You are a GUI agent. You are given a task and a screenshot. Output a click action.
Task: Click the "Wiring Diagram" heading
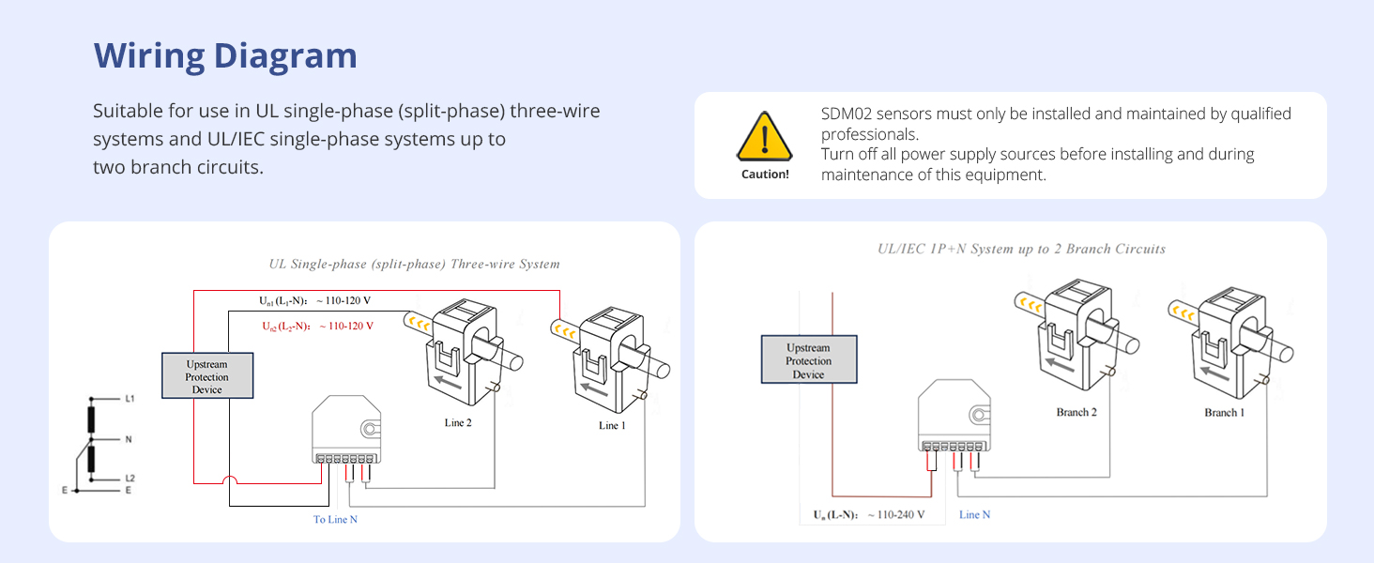tap(225, 56)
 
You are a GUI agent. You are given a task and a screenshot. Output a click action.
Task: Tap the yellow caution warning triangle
tap(764, 137)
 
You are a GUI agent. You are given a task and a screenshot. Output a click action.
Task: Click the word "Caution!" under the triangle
tap(765, 175)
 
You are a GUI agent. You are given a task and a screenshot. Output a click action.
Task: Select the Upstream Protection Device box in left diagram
tap(206, 376)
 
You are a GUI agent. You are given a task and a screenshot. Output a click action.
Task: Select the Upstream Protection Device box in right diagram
tap(808, 360)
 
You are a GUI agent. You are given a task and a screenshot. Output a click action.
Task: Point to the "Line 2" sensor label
tap(458, 423)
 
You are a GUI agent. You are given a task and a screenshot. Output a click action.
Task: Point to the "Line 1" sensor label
tap(612, 426)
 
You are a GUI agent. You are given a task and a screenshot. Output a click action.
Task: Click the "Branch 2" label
tap(1076, 412)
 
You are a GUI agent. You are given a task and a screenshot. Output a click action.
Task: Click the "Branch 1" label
tap(1225, 412)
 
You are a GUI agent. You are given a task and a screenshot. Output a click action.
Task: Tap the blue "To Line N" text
tap(335, 519)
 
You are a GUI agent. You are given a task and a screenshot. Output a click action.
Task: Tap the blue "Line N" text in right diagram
tap(974, 514)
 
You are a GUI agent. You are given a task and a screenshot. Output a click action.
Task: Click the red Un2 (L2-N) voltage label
tap(317, 326)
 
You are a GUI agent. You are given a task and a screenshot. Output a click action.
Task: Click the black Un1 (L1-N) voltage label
tap(321, 301)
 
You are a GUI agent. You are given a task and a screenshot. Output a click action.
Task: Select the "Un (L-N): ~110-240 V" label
tap(868, 514)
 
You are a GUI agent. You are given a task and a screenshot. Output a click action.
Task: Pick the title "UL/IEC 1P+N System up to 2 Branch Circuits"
tap(1021, 250)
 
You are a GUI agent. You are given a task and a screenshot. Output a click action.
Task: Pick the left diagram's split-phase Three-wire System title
tap(414, 265)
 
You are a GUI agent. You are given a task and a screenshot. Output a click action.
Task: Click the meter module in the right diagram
tap(952, 413)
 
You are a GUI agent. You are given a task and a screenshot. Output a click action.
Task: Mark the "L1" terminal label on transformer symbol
tap(130, 399)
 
